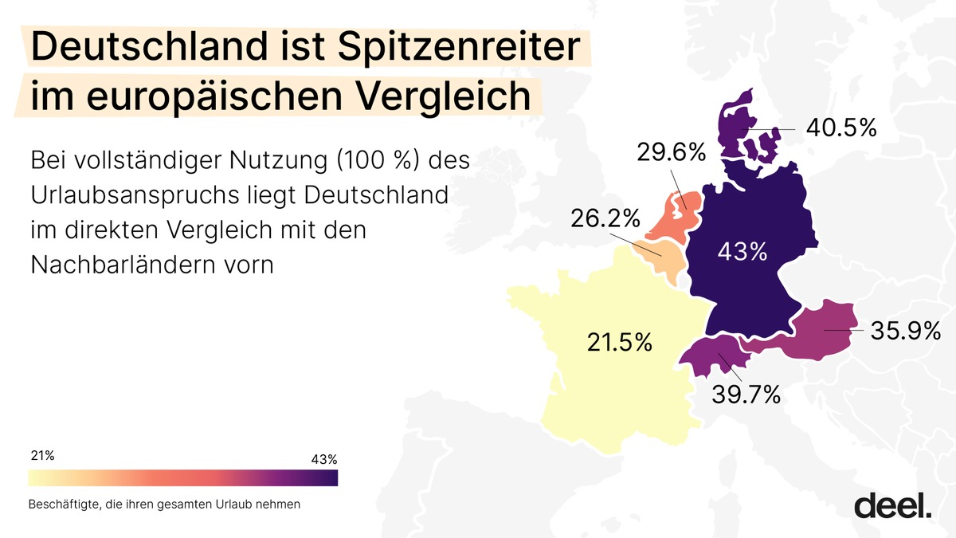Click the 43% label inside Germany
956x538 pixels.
(x=742, y=253)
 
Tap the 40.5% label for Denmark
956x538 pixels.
(x=840, y=128)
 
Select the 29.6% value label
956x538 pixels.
(x=671, y=151)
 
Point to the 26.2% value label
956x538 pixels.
(x=605, y=217)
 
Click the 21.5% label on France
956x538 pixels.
(x=619, y=343)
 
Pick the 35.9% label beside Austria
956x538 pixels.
(x=906, y=330)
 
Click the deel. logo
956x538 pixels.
(x=892, y=505)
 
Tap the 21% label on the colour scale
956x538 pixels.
(x=42, y=456)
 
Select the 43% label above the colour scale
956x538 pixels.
(x=323, y=459)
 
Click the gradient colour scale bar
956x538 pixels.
(x=183, y=477)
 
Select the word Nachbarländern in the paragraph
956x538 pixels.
(x=136, y=264)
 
